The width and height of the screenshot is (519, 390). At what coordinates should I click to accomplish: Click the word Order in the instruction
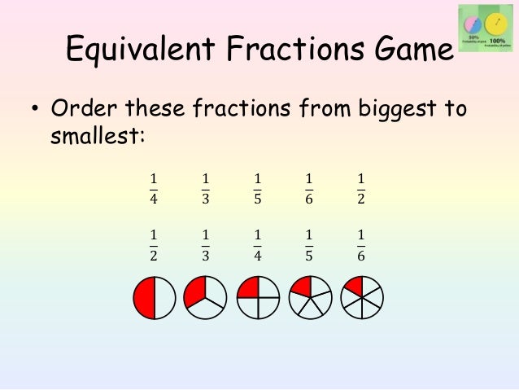point(86,108)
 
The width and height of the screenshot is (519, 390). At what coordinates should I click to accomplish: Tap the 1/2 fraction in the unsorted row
point(361,188)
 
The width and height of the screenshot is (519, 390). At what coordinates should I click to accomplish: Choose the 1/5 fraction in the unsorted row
point(257,188)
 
